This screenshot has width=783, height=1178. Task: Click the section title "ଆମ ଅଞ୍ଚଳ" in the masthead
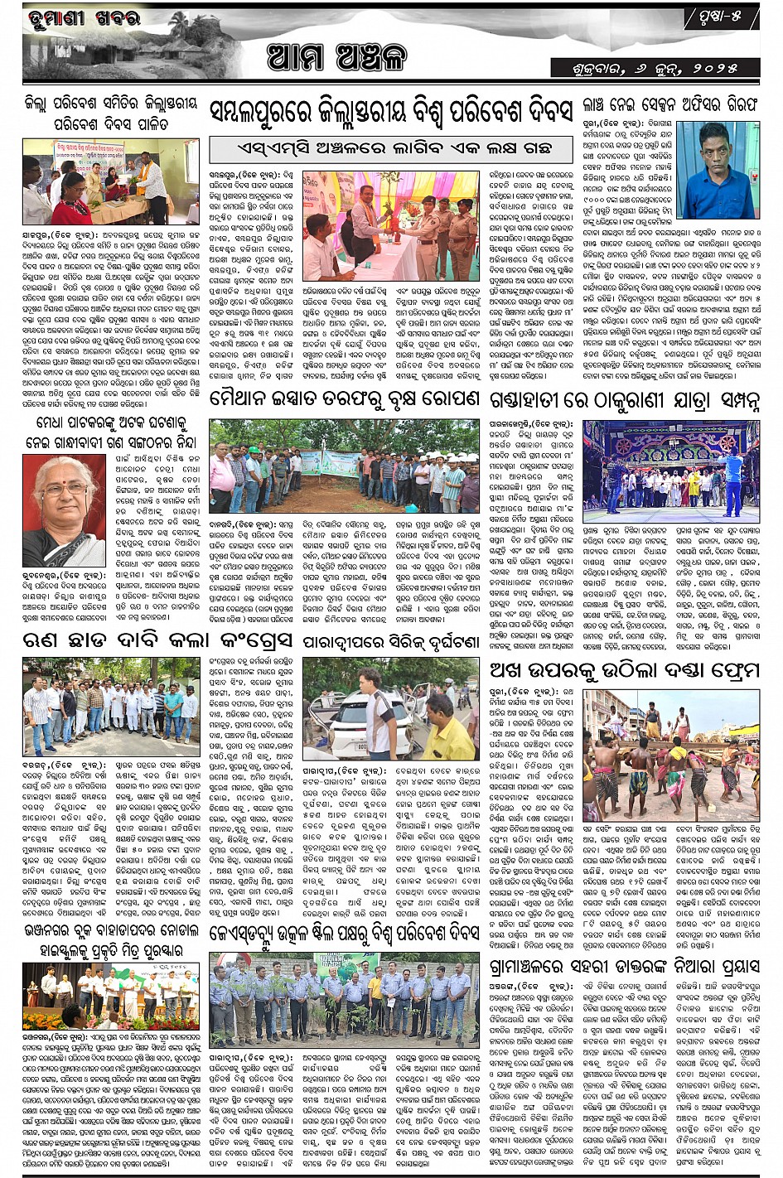pos(336,58)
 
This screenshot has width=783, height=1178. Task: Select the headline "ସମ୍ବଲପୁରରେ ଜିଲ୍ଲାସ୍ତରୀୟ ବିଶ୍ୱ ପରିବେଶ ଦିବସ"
pos(391,111)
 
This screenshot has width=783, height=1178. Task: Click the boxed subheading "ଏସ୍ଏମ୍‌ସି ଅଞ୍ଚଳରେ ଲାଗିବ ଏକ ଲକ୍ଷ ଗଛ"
pos(383,148)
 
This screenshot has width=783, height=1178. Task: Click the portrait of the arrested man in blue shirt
pos(718,170)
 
